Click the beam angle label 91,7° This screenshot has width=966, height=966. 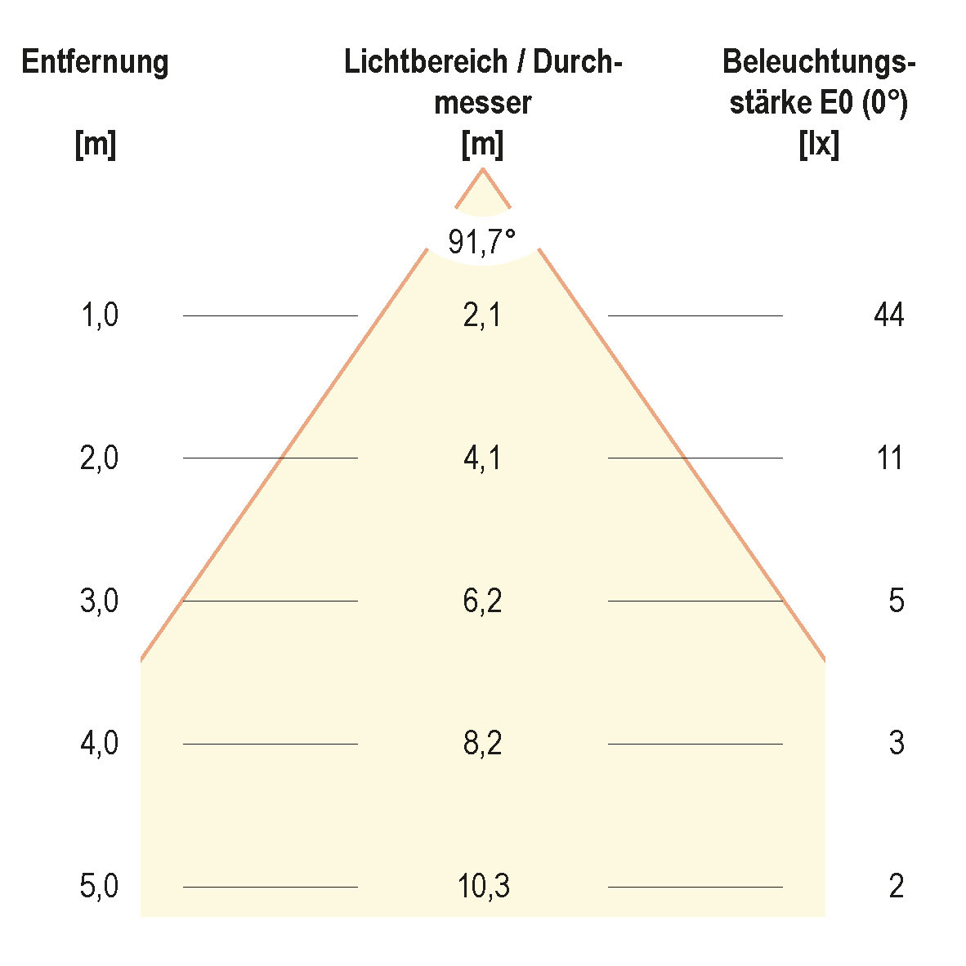[482, 242]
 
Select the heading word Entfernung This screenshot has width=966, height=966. [95, 63]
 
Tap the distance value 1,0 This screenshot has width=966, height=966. [100, 315]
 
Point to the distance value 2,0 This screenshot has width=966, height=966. [100, 458]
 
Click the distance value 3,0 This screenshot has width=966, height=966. [100, 602]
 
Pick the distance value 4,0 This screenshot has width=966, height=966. [100, 744]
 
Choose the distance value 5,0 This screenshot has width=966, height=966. [100, 887]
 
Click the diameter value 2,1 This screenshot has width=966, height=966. [482, 315]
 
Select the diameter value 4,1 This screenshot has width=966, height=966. [482, 458]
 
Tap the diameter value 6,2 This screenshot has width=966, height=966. [482, 602]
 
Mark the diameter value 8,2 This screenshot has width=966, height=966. [482, 744]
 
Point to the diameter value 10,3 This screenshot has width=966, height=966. [483, 887]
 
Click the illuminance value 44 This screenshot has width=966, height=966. [889, 315]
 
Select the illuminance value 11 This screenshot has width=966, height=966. [889, 458]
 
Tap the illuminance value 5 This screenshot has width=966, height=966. [897, 602]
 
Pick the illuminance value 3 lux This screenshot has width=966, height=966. [897, 744]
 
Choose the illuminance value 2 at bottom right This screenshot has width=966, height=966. [897, 887]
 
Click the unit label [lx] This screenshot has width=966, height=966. [819, 145]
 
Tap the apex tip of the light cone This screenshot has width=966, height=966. [482, 169]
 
